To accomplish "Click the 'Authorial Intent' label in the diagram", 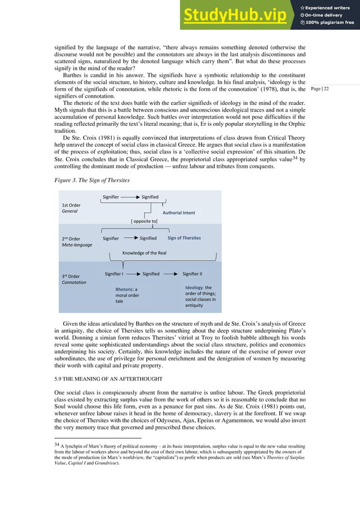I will point(179,213).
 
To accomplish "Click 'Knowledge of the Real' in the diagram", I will point(144,253).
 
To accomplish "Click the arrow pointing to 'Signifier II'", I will point(172,274).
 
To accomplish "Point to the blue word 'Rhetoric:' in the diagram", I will point(125,290).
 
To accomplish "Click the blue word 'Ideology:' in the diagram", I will point(195,287).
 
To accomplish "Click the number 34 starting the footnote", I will point(56,446).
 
